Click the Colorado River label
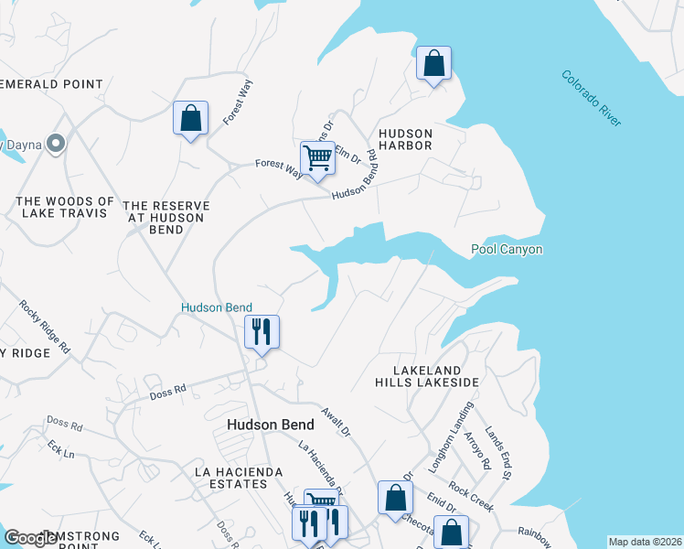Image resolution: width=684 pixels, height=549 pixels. coord(592,99)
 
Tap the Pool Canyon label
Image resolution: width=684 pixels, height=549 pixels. coord(507,249)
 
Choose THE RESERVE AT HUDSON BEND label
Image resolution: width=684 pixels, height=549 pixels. coord(166,218)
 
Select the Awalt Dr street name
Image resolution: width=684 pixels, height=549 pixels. coord(336,421)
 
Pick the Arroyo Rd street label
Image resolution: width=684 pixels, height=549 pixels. coord(477,451)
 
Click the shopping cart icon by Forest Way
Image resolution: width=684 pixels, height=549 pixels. coord(317,156)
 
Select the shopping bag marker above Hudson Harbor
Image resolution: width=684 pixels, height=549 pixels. coord(433,64)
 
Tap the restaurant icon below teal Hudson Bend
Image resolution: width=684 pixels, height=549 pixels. coord(262,332)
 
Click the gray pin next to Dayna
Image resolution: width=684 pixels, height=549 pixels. coord(56,144)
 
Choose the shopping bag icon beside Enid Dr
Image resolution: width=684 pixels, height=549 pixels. coord(395,499)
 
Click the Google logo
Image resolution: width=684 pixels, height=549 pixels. coord(30,539)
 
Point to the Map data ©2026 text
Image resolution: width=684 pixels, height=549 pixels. coord(645,542)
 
